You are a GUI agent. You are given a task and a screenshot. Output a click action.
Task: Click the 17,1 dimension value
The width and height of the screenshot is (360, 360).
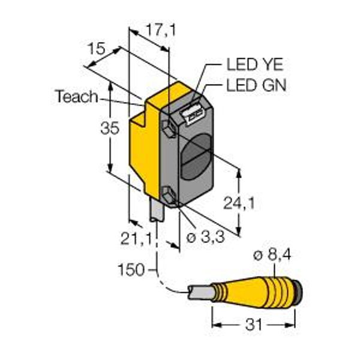161,31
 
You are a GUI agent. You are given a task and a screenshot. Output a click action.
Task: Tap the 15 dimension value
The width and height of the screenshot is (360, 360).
97,49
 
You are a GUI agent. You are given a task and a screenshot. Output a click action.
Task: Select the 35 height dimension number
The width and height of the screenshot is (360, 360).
110,128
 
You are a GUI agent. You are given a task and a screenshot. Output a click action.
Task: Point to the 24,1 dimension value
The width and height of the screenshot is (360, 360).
239,203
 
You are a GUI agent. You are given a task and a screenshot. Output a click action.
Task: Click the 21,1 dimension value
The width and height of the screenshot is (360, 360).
136,239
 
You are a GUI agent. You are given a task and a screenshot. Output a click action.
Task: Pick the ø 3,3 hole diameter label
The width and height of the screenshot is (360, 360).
205,237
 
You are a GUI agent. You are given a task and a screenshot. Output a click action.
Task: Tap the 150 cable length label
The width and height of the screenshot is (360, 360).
131,270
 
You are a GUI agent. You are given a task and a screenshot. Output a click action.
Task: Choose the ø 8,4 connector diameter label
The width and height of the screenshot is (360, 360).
272,255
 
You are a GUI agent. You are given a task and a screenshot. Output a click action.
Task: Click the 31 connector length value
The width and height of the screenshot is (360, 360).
254,325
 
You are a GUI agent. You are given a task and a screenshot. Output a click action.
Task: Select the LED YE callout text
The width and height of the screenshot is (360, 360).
255,65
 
